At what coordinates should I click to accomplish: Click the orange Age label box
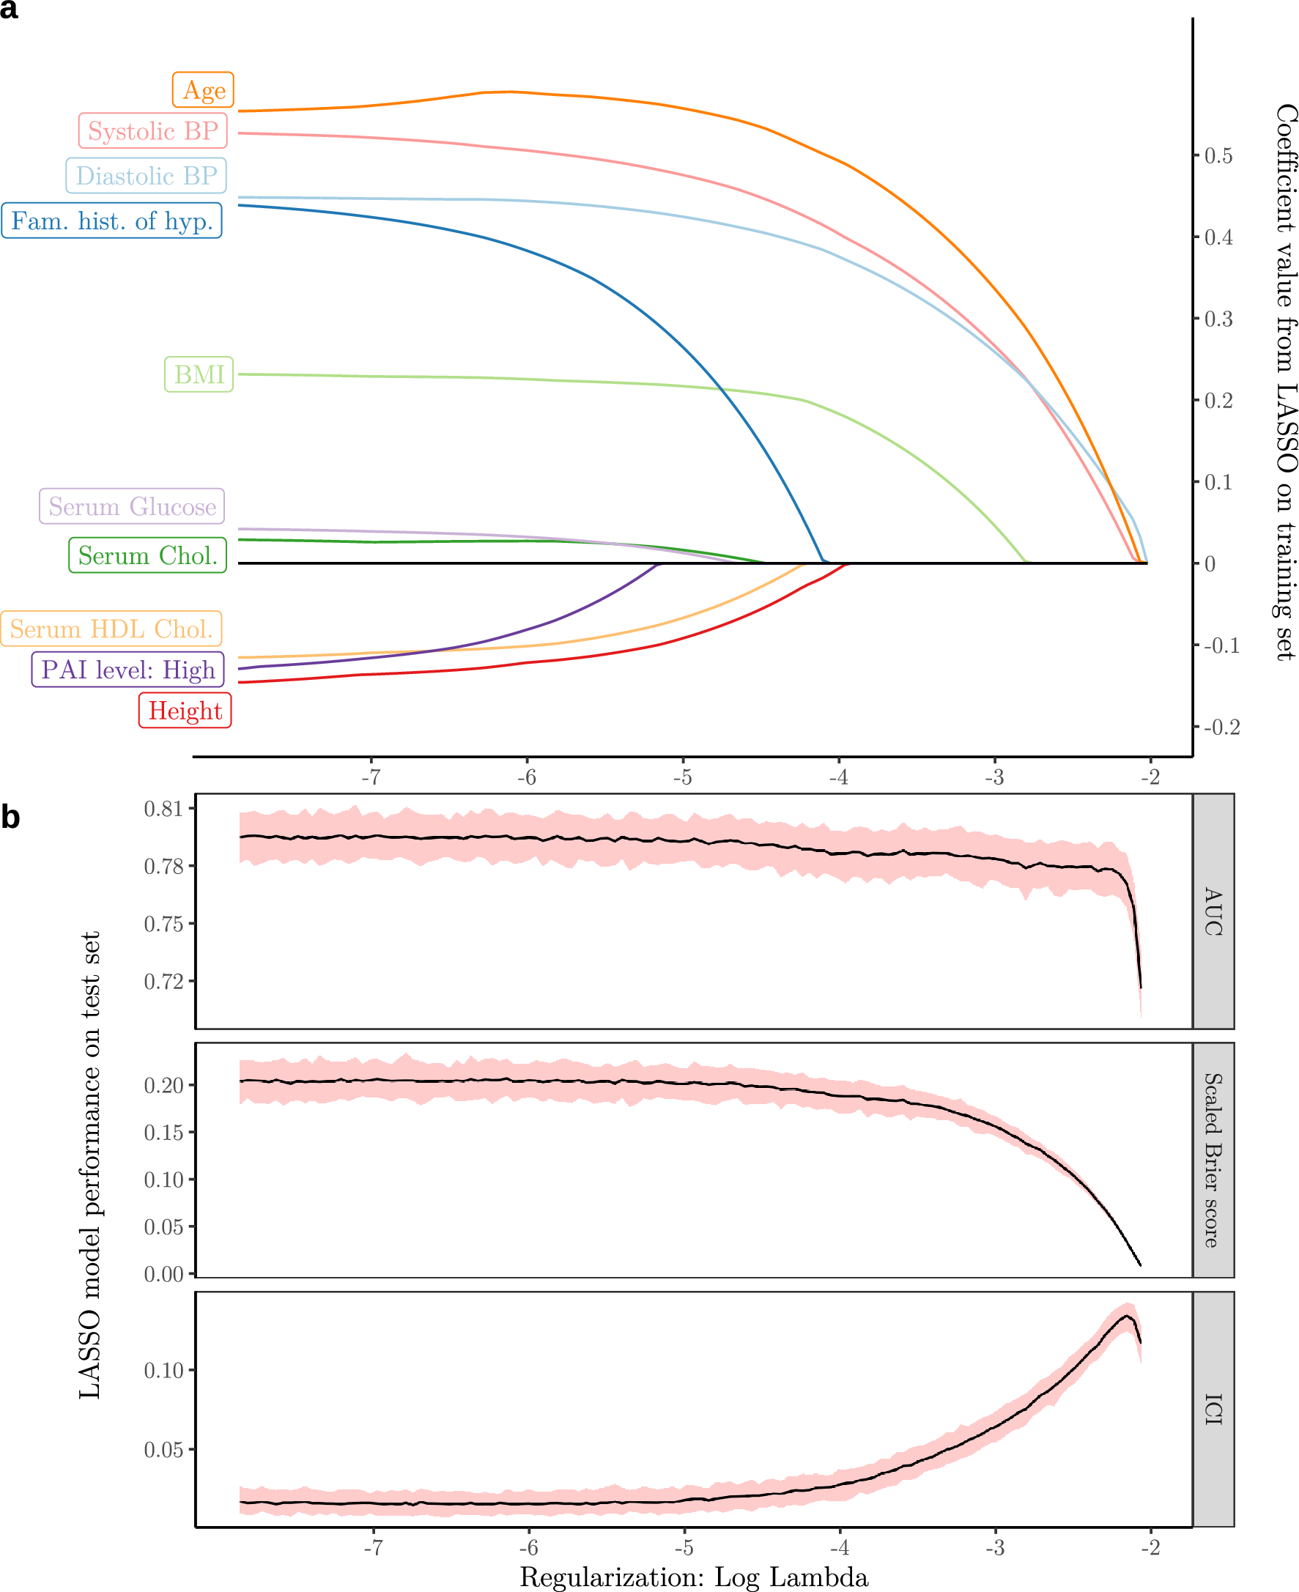204,91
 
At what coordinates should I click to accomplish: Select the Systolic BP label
152,131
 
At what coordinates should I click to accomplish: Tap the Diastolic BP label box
146,176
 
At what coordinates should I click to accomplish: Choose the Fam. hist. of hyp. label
111,221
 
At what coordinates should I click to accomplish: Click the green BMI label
199,374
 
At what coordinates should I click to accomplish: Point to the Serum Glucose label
132,506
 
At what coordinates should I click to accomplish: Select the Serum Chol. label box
147,555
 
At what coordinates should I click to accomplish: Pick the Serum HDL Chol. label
111,629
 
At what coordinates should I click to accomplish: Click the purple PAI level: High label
127,669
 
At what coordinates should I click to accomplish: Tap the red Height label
185,710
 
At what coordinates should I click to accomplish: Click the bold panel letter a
9,10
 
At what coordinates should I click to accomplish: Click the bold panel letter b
10,817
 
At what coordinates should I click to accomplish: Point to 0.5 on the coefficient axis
1218,155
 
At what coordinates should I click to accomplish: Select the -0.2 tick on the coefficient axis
1221,727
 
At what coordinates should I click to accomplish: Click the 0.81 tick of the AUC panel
163,809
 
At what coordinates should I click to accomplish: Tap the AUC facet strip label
1213,911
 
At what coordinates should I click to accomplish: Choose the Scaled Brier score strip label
1213,1160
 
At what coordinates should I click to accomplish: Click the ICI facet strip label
1213,1410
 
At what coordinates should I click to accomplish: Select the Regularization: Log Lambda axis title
694,1577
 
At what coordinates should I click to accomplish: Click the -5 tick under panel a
682,777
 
